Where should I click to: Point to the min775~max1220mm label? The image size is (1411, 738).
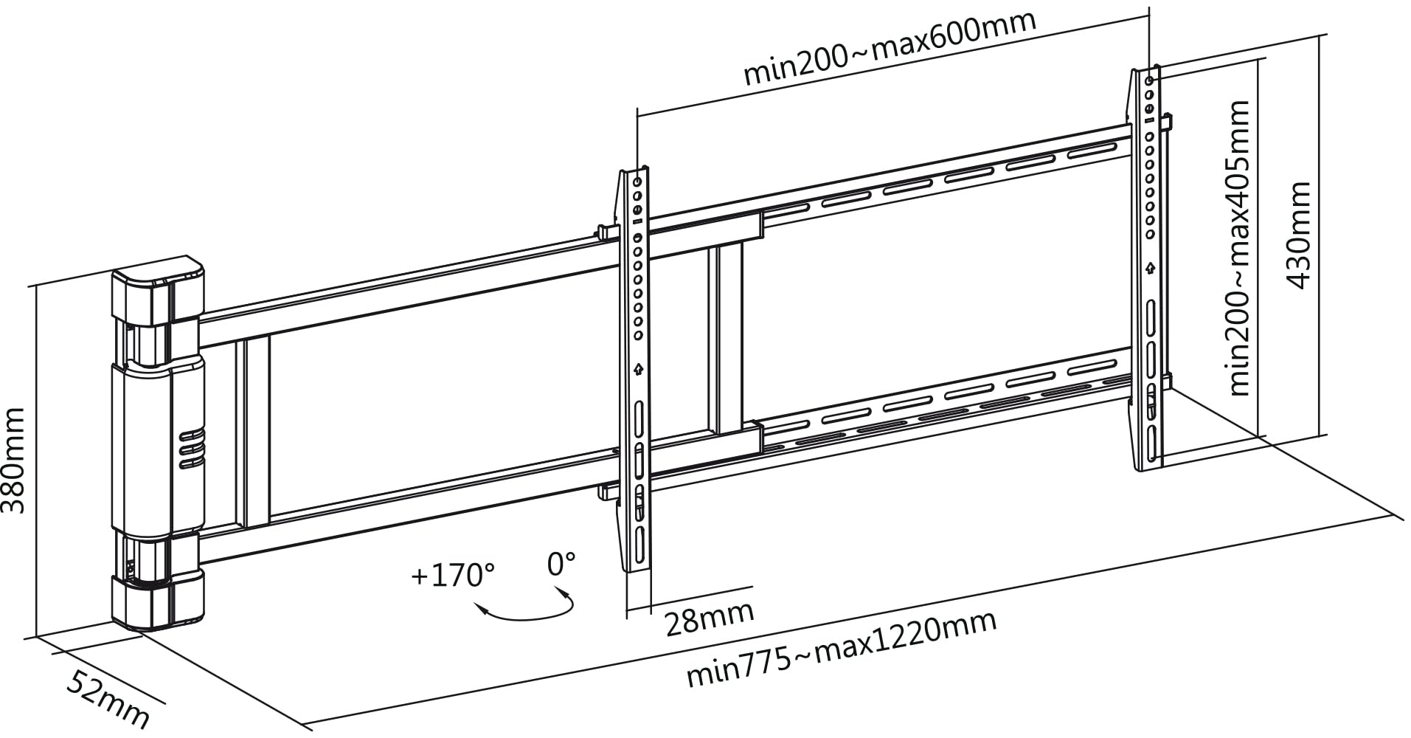[x=842, y=649]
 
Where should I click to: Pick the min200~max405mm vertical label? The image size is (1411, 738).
[x=1240, y=247]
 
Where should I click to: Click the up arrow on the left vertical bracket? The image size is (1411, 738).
[x=639, y=368]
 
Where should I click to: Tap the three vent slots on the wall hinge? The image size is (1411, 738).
[x=192, y=448]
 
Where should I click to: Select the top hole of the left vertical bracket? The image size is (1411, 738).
[x=638, y=182]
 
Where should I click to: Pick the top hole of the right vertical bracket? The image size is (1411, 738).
[x=1149, y=80]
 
